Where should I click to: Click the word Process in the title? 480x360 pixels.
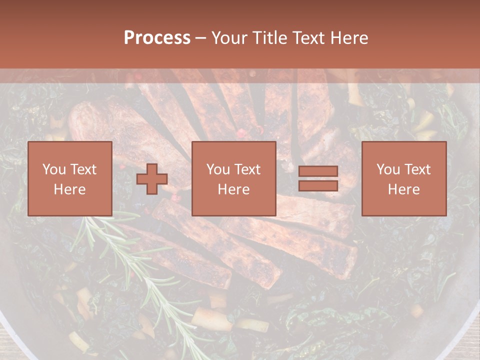(x=157, y=38)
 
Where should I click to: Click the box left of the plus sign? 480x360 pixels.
(x=70, y=179)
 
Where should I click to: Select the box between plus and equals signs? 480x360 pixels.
(x=233, y=179)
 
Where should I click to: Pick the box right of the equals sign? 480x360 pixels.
(x=403, y=179)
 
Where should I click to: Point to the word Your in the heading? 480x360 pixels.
(x=229, y=38)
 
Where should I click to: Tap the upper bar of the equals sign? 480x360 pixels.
(x=318, y=171)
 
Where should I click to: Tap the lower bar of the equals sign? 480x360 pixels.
(x=318, y=186)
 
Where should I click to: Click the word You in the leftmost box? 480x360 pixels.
(x=53, y=169)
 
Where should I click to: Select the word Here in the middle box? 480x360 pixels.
(x=233, y=189)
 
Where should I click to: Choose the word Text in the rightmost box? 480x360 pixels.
(x=418, y=169)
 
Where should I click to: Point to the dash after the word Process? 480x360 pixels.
(x=201, y=38)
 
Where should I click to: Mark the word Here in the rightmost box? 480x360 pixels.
(x=403, y=189)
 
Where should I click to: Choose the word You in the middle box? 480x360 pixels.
(x=217, y=169)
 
